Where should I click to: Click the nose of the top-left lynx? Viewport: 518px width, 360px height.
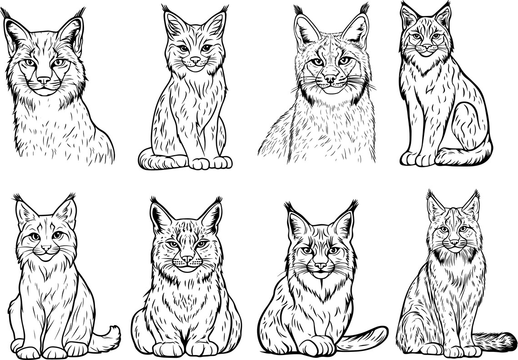44,80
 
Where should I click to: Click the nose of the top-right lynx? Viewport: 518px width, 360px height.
427,47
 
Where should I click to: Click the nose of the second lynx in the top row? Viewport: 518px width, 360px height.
195,60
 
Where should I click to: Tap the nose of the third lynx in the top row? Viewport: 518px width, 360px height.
330,79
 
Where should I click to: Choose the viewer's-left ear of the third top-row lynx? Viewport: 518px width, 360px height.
305,29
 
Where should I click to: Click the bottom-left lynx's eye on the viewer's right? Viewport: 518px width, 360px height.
58,235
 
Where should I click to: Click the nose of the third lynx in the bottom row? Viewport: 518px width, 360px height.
320,265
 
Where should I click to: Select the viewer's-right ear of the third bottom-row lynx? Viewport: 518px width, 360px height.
344,223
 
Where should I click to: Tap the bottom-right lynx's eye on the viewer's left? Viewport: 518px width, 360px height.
443,229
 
